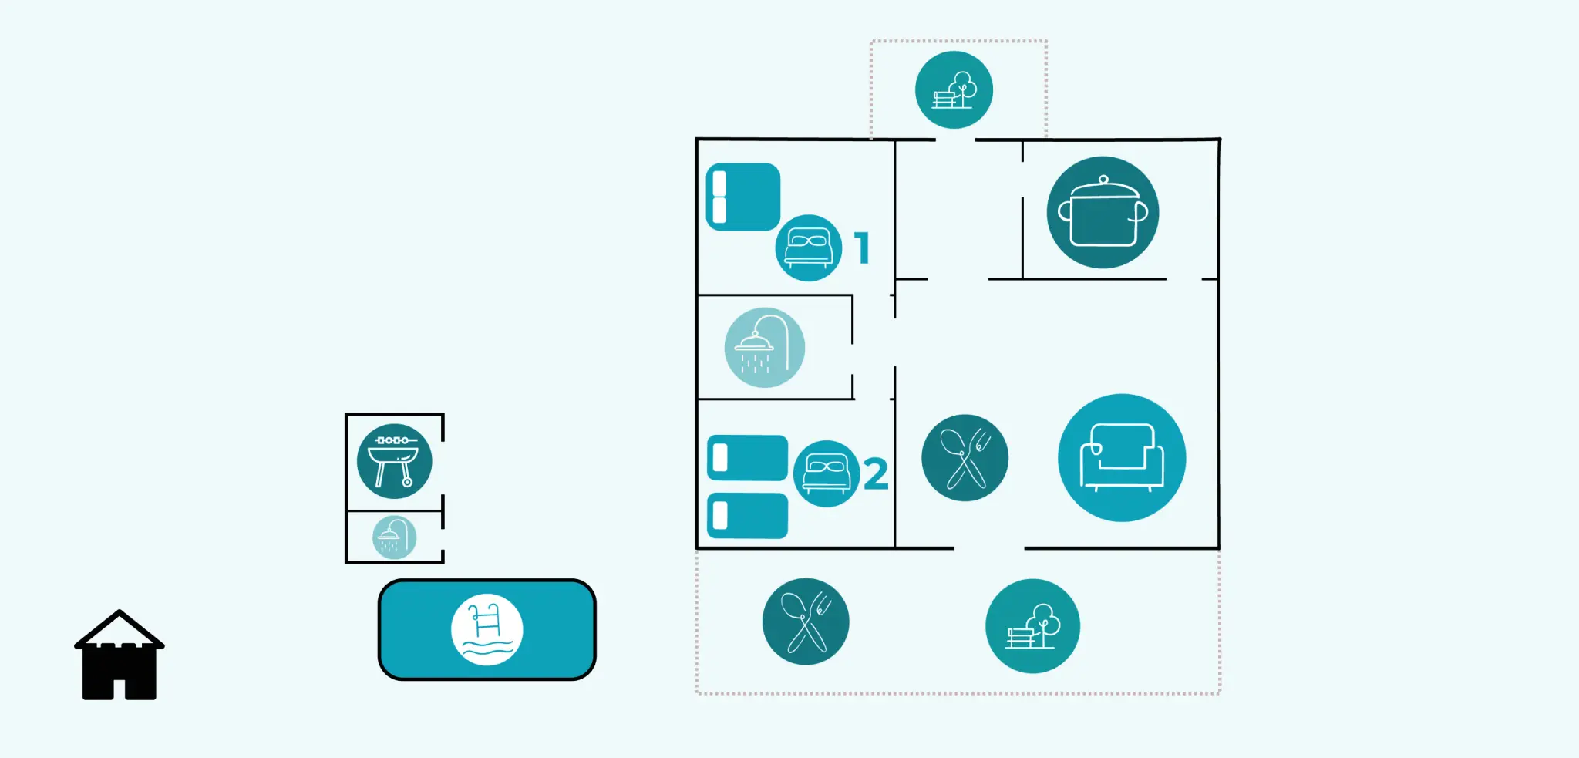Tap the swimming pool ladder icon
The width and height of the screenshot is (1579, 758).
[487, 629]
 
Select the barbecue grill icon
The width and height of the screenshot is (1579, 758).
[395, 461]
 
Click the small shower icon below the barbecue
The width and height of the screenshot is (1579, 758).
[395, 537]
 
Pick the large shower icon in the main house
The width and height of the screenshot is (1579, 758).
[765, 348]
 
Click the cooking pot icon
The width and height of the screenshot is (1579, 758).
[1103, 212]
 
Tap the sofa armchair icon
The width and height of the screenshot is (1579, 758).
[1122, 458]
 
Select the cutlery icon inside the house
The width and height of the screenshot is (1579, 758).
[965, 458]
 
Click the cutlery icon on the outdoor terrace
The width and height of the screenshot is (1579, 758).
[806, 622]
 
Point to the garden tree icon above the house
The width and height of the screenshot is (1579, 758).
[954, 89]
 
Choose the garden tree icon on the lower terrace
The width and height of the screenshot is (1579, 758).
[1032, 626]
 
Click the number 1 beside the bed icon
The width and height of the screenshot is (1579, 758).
[863, 248]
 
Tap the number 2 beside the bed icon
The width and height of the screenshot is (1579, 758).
[876, 473]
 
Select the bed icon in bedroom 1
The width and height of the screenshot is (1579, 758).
[809, 248]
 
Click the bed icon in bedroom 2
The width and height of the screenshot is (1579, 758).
[827, 473]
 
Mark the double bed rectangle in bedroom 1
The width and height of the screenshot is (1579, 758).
[743, 197]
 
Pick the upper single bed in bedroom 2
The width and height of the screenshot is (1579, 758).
[748, 458]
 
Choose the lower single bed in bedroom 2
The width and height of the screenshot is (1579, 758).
[748, 516]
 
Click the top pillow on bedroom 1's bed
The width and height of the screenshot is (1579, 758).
[719, 184]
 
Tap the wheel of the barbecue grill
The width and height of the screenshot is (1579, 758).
[407, 482]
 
